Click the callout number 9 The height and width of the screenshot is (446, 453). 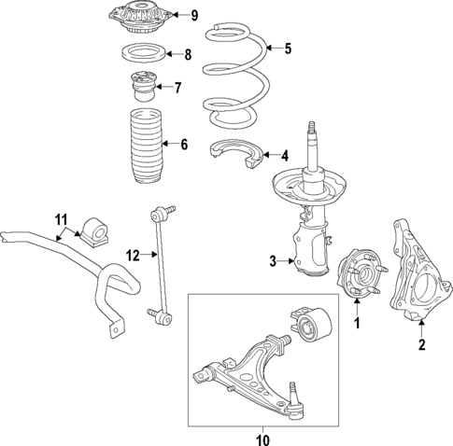point(194,15)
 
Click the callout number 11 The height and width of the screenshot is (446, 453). point(62,220)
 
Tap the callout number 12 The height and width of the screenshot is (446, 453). point(133,255)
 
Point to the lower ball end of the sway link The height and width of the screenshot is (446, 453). point(161,317)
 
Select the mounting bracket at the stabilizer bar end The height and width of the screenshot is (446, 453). point(113,327)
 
